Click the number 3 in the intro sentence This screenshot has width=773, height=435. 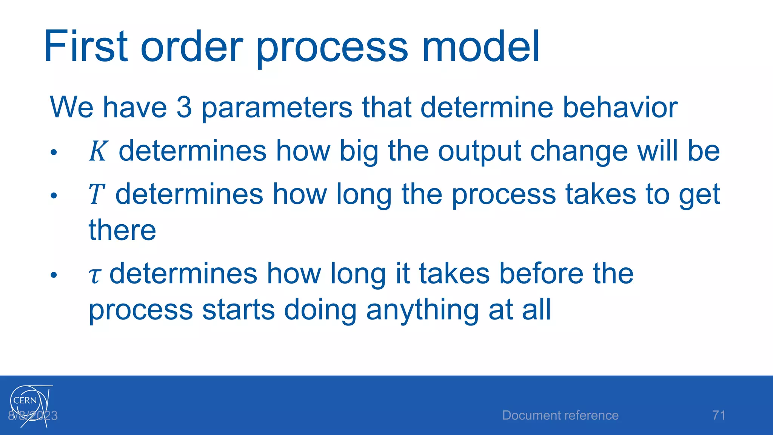point(184,107)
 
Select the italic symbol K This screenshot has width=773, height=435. point(99,151)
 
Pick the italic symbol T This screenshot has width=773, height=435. point(96,194)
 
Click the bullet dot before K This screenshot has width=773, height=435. point(54,153)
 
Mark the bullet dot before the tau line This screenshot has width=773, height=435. point(54,275)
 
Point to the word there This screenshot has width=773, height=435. point(122,230)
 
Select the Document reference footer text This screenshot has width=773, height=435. point(560,415)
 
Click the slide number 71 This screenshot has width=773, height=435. point(719,415)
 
